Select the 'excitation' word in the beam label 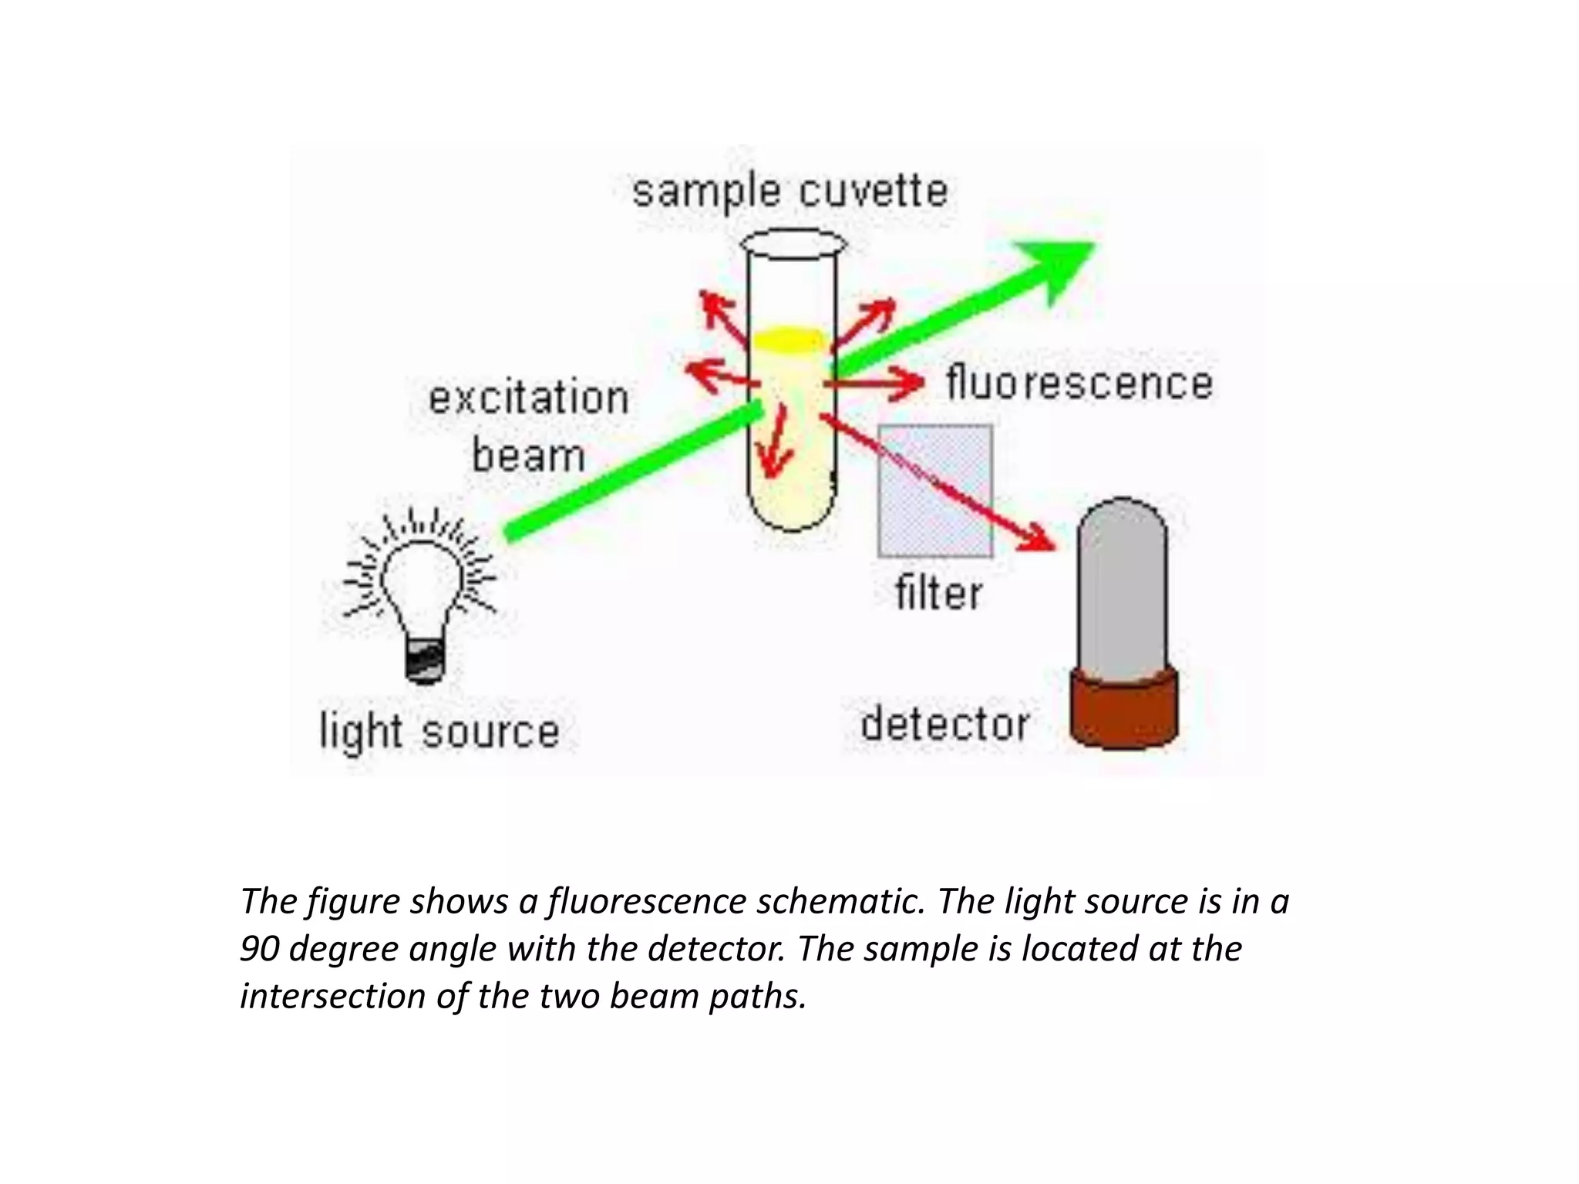point(529,399)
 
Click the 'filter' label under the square point(938,594)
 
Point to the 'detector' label point(944,725)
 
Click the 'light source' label point(439,731)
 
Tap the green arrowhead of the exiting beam point(1060,266)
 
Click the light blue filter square point(935,491)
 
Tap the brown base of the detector point(1124,709)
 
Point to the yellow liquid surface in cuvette point(789,339)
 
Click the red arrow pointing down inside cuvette point(775,447)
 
